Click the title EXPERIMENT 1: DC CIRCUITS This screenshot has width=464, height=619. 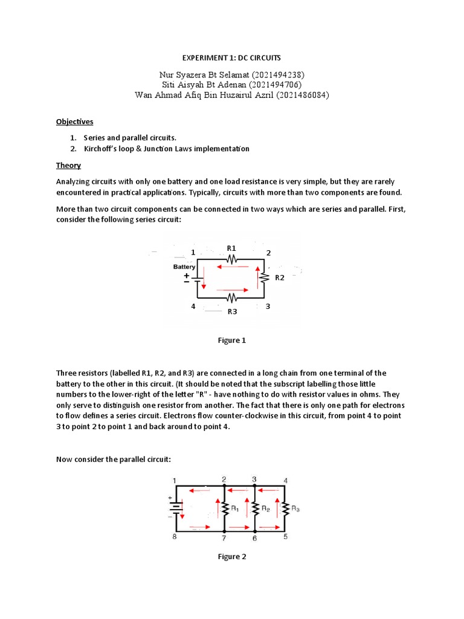pos(231,58)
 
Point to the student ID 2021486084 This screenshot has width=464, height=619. pos(302,95)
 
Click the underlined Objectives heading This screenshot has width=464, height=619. pos(75,122)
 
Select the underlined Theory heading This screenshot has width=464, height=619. pos(68,165)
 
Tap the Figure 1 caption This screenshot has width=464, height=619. pos(231,340)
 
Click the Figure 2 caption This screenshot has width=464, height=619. pos(231,557)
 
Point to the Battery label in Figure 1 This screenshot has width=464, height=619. pos(184,267)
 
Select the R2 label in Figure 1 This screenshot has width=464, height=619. pos(280,278)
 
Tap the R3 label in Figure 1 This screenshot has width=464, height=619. pos(232,311)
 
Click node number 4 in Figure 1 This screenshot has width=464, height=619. pos(193,306)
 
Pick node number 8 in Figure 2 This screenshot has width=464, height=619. pos(175,537)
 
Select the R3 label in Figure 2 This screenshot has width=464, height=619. pos(295,509)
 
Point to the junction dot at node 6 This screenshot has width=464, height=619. pos(254,528)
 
